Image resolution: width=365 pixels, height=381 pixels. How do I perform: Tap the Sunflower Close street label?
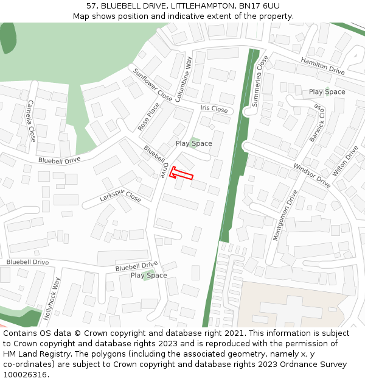click(x=153, y=84)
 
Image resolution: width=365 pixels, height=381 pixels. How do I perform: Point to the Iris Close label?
click(x=214, y=109)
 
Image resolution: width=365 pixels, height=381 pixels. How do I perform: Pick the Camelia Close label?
click(x=31, y=121)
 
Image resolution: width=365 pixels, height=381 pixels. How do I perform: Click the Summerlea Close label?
click(x=260, y=80)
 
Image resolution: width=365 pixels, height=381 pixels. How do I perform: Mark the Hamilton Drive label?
click(x=322, y=66)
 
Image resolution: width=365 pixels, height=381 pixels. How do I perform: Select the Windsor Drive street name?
click(x=311, y=175)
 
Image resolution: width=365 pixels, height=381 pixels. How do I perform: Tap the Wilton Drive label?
click(x=345, y=160)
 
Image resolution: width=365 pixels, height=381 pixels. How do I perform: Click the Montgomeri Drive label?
click(x=285, y=215)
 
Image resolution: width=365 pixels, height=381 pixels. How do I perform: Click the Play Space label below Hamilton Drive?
click(x=327, y=92)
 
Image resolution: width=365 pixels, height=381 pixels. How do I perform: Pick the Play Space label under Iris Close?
click(x=193, y=143)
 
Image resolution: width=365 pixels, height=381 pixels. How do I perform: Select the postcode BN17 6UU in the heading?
click(x=259, y=6)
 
